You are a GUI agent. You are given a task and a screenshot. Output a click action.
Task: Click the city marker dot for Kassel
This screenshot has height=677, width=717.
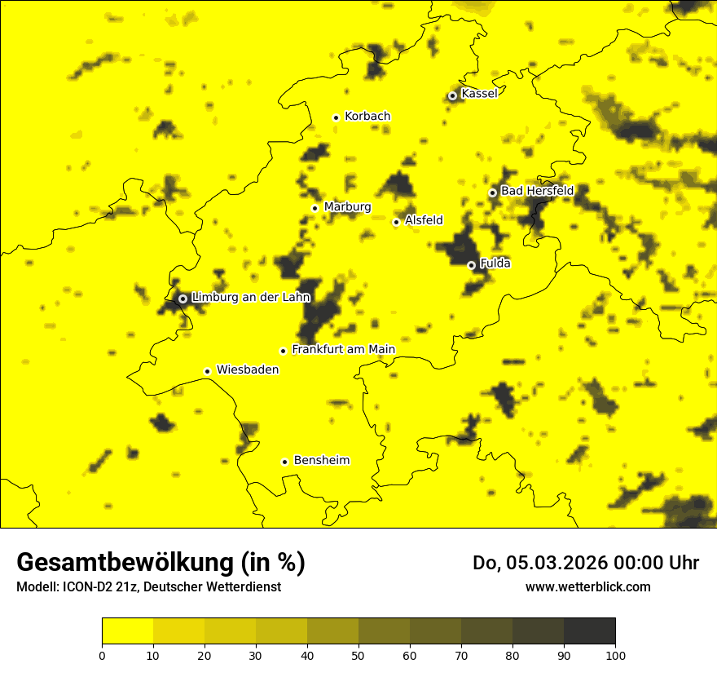(x=452, y=95)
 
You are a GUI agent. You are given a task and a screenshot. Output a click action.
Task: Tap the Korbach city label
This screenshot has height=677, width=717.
(x=367, y=117)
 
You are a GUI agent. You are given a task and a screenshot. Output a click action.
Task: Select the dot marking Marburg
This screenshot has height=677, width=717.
(x=315, y=208)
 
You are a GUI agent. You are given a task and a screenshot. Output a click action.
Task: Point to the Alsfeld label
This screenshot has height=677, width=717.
(x=424, y=220)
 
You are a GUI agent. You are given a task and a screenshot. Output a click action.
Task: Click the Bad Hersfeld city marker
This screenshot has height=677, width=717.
(x=492, y=192)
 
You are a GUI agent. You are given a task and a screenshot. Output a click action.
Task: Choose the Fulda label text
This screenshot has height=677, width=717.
(x=495, y=263)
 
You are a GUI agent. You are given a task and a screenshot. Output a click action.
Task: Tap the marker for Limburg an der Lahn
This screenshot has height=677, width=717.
(x=183, y=299)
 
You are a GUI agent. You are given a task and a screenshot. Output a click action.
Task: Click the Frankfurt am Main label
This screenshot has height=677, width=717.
(x=343, y=350)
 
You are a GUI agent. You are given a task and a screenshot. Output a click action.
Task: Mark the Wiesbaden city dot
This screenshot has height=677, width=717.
(x=207, y=371)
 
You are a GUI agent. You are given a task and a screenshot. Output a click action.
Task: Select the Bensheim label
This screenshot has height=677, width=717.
(x=321, y=461)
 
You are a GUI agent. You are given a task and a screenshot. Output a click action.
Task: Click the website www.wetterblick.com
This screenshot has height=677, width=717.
(x=587, y=586)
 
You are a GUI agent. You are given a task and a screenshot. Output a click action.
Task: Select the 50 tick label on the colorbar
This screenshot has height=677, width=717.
(x=358, y=655)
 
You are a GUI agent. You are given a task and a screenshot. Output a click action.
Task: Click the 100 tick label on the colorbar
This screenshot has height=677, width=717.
(x=615, y=655)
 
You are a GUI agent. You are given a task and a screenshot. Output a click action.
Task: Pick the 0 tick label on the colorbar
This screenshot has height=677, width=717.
(x=102, y=655)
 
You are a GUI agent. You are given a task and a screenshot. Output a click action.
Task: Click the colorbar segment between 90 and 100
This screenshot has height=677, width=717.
(x=589, y=631)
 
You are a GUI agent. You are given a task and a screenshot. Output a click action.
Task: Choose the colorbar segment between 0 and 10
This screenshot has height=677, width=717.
(x=127, y=631)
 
